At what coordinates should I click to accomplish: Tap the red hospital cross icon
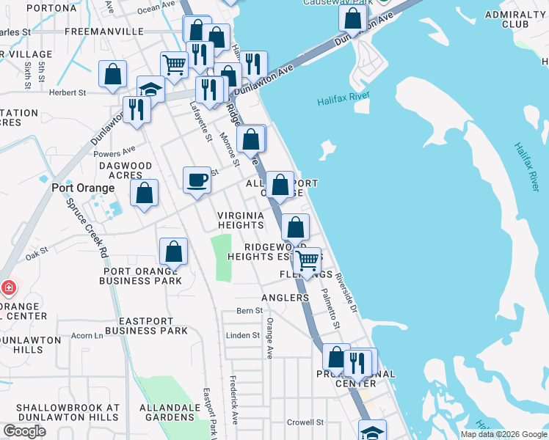click(x=7, y=287)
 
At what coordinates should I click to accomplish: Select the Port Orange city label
click(x=83, y=188)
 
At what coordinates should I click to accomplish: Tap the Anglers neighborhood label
click(x=285, y=298)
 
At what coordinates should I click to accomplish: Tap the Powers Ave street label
click(x=114, y=154)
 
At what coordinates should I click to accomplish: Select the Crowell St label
click(x=305, y=422)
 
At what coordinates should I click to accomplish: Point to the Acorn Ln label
click(x=88, y=335)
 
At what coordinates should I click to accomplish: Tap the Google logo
click(x=24, y=431)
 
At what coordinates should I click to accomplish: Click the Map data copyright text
click(x=503, y=434)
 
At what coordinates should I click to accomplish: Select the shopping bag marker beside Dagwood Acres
click(x=145, y=194)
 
